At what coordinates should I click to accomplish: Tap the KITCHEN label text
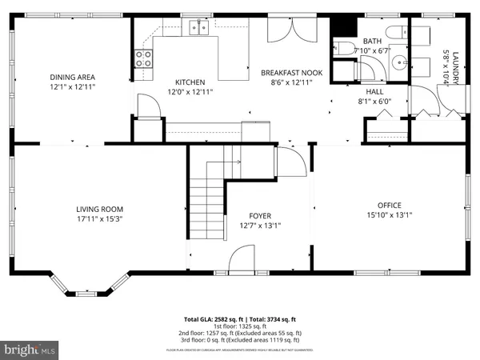(x=190, y=82)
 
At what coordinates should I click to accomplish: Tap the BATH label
(x=373, y=41)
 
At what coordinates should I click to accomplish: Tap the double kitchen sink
(x=198, y=29)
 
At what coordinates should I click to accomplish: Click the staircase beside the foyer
(x=208, y=200)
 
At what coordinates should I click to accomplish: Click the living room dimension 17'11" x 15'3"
(x=99, y=218)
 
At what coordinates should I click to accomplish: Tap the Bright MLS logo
(x=31, y=349)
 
